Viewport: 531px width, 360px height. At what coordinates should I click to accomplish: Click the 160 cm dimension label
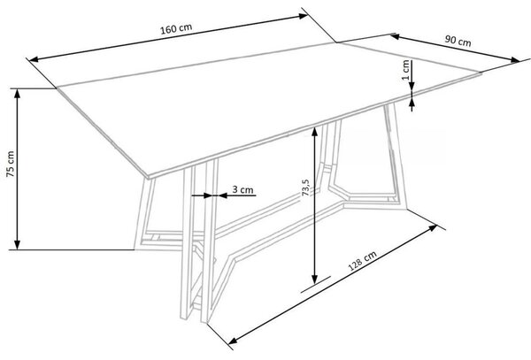(x=176, y=29)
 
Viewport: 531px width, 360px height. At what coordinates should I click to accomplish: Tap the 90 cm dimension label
(x=458, y=41)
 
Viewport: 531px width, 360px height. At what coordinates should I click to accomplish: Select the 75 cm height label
(x=10, y=165)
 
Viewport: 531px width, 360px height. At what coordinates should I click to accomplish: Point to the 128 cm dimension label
(x=362, y=261)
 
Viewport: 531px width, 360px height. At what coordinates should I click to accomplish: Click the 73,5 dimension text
(x=305, y=188)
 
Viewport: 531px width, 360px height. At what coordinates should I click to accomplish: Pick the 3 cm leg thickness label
(x=242, y=189)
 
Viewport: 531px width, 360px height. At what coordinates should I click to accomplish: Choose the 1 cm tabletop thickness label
(x=405, y=70)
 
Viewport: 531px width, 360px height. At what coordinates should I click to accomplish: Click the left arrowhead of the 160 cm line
(x=35, y=60)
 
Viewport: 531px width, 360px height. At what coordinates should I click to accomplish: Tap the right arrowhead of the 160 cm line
(x=303, y=16)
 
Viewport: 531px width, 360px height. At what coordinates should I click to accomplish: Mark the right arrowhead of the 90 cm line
(x=515, y=60)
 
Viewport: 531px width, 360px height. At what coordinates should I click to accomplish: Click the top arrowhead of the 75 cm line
(x=18, y=94)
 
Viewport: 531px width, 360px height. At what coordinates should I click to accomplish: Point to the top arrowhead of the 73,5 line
(x=314, y=132)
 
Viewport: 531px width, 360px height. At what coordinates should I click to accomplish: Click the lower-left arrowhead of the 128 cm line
(x=234, y=340)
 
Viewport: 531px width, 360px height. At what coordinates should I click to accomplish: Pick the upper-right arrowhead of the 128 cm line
(x=433, y=227)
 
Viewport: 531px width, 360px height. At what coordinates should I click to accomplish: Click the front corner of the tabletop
(x=148, y=176)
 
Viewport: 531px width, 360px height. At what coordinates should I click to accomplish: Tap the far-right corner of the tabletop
(x=481, y=73)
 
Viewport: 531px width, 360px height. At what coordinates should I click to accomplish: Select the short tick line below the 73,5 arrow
(x=316, y=284)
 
